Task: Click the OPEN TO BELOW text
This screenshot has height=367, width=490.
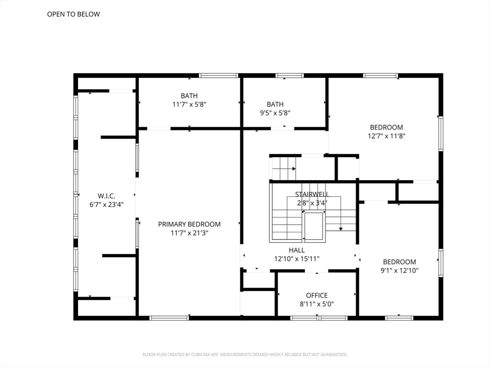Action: point(73,14)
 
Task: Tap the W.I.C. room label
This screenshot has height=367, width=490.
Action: point(107,196)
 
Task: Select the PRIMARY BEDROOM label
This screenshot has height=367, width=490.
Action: point(189,224)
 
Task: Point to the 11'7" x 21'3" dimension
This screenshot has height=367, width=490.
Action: point(189,233)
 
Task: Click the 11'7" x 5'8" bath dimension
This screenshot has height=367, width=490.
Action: point(189,104)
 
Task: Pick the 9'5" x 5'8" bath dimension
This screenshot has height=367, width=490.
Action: point(275,113)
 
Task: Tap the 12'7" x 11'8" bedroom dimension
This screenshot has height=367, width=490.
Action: point(387,136)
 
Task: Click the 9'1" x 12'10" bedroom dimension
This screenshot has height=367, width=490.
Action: point(400,270)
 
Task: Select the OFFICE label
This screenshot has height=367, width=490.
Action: point(317,295)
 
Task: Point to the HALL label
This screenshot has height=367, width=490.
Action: point(297,250)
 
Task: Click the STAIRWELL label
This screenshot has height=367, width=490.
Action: point(312,194)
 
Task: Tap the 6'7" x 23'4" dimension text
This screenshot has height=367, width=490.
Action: point(107,205)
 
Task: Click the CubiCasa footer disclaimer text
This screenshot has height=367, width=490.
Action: point(245,355)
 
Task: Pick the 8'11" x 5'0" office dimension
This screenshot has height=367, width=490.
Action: point(317,304)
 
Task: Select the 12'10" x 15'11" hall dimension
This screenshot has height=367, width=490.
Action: point(297,259)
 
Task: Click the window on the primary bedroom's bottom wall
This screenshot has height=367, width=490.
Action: point(169,318)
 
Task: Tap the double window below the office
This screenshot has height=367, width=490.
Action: point(319,318)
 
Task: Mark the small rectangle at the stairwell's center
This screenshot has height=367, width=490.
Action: point(313,226)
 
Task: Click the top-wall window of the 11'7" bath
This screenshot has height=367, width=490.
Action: point(218,76)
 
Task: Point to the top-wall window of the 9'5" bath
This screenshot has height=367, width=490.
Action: point(290,76)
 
